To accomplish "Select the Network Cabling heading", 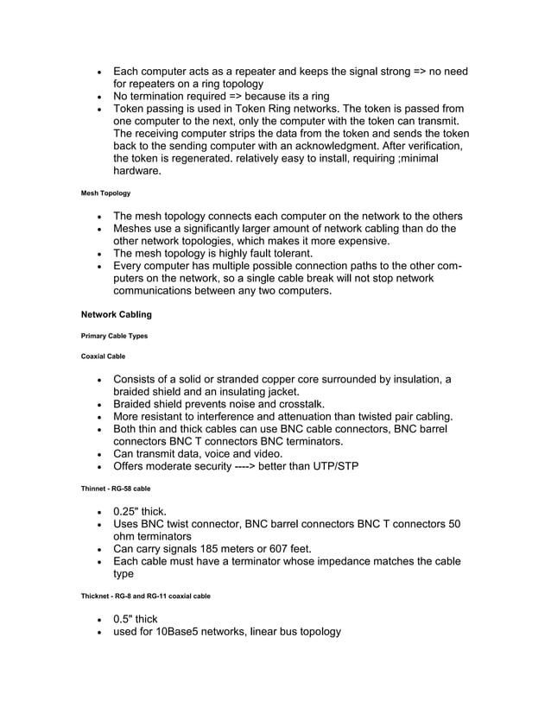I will [x=116, y=314].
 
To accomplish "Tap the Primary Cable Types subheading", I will [x=114, y=336].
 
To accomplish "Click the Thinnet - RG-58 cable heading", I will [x=115, y=489].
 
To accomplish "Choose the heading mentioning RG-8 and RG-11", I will [x=145, y=596].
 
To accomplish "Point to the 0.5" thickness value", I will [x=123, y=619].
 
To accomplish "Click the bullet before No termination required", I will [x=102, y=97].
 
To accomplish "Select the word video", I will [x=265, y=454].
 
